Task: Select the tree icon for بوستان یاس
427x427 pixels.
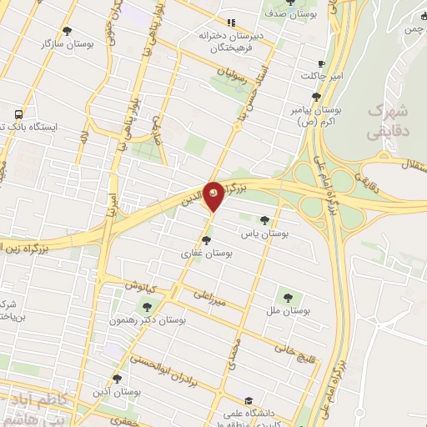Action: [x=265, y=221]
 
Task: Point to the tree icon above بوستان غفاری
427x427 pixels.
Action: [x=206, y=240]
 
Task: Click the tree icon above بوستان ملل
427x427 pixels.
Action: [x=288, y=296]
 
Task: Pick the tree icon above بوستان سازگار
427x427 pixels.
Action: [x=69, y=28]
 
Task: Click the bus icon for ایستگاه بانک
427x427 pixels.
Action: [x=18, y=113]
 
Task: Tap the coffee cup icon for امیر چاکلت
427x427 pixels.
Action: [x=322, y=63]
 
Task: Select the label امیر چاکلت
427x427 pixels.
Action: [x=324, y=77]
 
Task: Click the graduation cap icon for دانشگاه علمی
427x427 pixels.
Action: [x=249, y=402]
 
